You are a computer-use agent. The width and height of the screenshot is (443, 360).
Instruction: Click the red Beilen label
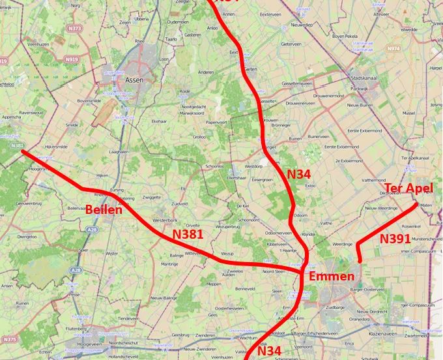tap(104, 209)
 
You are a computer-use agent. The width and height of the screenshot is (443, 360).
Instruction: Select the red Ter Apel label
tap(408, 188)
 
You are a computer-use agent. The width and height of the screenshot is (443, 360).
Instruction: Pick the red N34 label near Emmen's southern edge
tap(269, 351)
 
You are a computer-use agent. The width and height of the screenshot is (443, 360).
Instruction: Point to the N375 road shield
tap(10, 339)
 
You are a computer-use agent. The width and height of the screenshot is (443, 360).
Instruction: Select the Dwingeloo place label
tap(27, 237)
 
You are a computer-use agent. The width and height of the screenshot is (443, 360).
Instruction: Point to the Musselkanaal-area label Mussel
tap(408, 113)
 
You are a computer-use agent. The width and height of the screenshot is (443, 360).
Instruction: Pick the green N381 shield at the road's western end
tap(18, 145)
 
